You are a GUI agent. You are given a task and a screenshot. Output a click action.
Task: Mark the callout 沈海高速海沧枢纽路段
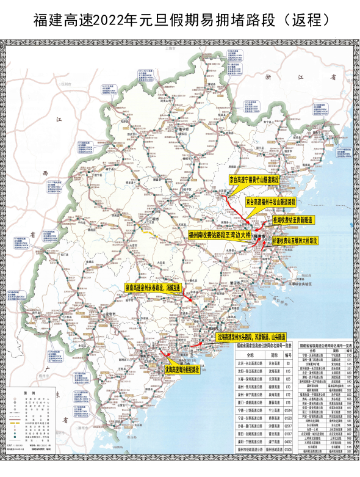point(182,370)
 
